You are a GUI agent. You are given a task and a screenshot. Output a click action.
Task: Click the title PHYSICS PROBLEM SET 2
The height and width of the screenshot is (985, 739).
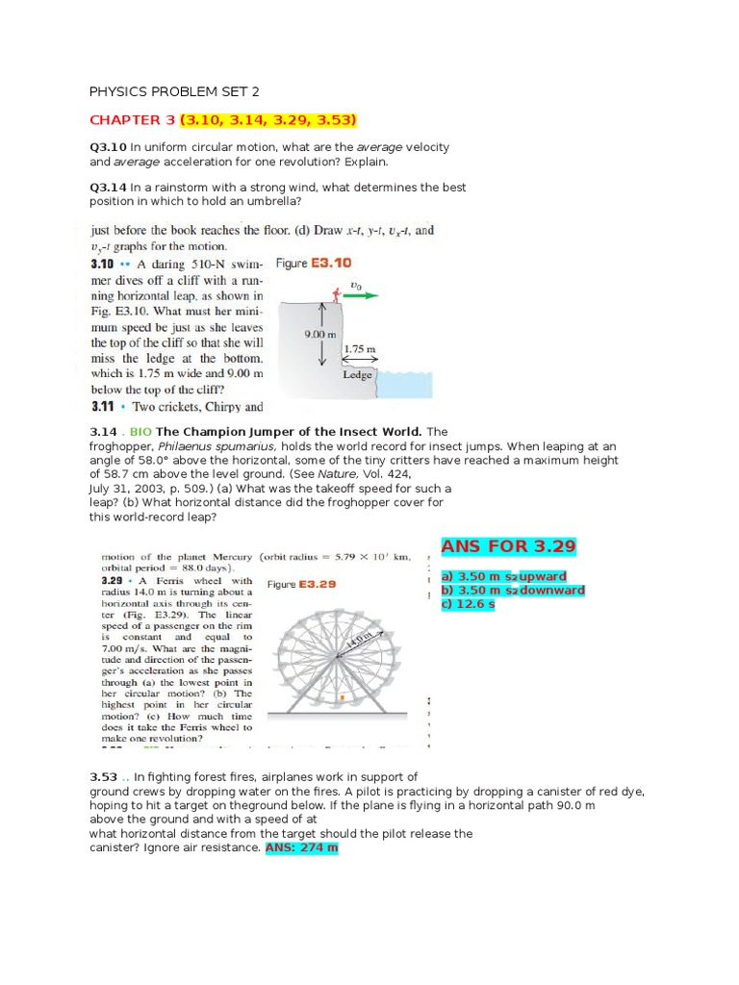pos(174,92)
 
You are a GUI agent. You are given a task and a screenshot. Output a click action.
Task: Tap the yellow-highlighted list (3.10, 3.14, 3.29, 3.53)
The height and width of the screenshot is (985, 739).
pos(268,120)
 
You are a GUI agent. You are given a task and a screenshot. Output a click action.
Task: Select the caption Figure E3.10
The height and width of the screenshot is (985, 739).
pos(314,263)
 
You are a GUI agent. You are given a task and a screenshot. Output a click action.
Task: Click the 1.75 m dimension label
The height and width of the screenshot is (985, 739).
pos(359,350)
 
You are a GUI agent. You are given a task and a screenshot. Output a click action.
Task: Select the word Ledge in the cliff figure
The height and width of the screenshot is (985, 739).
pos(357,375)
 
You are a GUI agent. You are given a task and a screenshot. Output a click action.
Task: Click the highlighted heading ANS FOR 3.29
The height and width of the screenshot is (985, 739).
pos(508,546)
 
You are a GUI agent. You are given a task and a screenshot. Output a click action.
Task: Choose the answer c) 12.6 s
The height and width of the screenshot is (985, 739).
pos(468,604)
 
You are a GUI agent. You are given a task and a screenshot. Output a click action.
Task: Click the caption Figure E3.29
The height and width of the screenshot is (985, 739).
pos(301,584)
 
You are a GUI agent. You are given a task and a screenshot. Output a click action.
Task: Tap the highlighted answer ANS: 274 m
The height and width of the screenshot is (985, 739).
pos(301,848)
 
